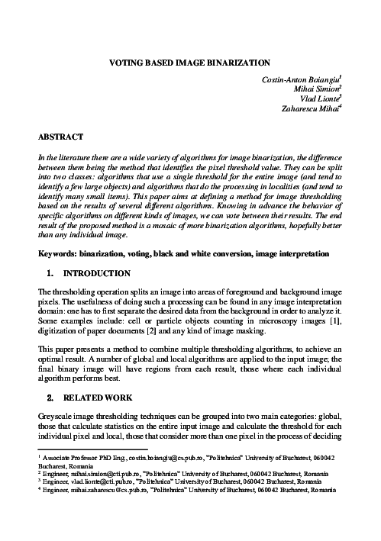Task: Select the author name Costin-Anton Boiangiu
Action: pos(296,79)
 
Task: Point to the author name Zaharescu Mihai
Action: pos(310,108)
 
